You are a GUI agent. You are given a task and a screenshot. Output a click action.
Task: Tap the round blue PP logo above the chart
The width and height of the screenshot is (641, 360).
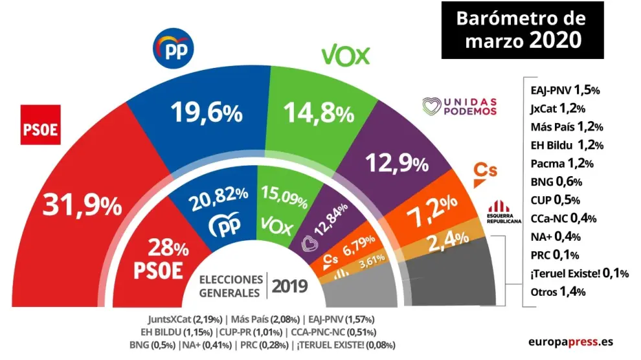pyautogui.click(x=174, y=49)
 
